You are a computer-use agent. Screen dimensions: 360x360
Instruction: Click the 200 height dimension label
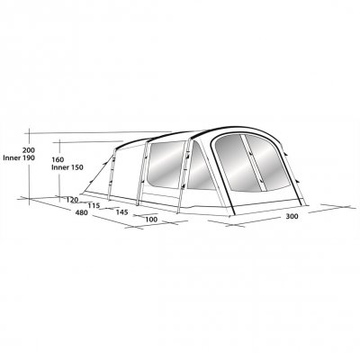[28, 150]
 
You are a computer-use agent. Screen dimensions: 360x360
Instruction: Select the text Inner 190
[19, 157]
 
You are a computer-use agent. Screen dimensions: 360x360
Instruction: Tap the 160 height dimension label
[58, 159]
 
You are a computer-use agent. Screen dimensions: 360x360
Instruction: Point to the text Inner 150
[67, 167]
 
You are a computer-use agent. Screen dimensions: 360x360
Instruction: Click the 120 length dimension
[72, 200]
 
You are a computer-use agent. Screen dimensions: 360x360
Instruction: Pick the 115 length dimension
[94, 206]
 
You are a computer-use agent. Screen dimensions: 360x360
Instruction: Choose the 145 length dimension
[121, 212]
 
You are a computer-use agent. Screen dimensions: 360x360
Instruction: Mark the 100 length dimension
[151, 220]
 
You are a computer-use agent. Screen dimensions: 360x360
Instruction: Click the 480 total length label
[81, 213]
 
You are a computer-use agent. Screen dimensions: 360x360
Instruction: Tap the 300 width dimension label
[292, 216]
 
